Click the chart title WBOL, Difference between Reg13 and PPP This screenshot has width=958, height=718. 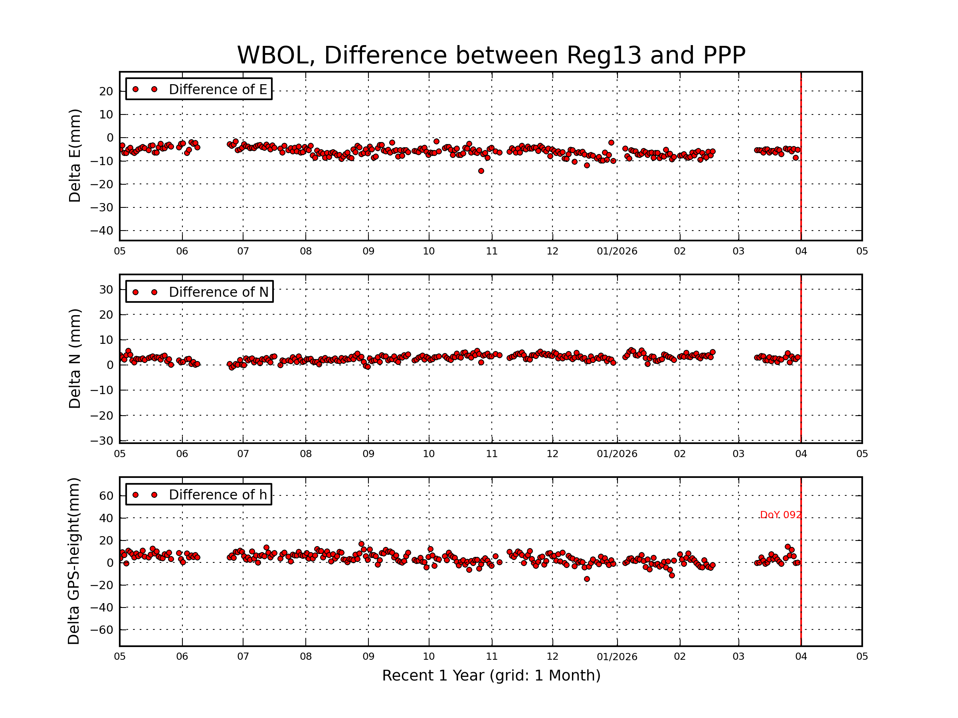[x=491, y=55]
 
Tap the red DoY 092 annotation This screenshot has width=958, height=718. [x=780, y=515]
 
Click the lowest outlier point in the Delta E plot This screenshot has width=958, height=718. [x=481, y=171]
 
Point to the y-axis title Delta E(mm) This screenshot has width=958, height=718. [x=75, y=156]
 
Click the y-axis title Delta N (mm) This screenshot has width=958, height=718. [x=75, y=358]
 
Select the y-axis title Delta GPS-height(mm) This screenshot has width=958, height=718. [x=73, y=561]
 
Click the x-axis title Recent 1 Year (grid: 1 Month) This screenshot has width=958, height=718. [x=491, y=676]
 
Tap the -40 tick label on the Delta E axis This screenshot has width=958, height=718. [x=101, y=231]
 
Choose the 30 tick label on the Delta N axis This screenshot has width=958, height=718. [x=106, y=290]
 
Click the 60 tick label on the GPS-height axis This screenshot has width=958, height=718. [x=106, y=496]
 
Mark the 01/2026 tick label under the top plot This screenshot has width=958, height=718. [x=617, y=251]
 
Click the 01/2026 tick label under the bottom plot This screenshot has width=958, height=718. [x=617, y=657]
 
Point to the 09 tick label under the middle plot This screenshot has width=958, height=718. [x=368, y=454]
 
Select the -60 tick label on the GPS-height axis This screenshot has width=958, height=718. [x=101, y=630]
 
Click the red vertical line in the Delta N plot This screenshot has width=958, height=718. [x=801, y=389]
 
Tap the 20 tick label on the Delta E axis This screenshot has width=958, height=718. [x=106, y=91]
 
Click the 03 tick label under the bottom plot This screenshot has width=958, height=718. [x=738, y=657]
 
